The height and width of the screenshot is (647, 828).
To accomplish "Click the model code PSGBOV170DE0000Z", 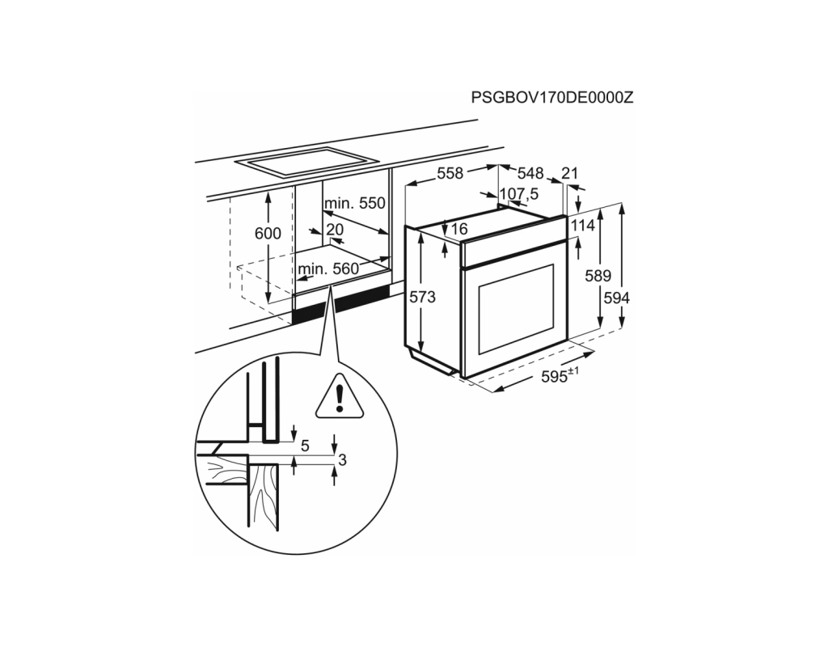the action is click(x=551, y=98).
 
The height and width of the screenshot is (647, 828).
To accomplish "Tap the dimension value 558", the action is click(x=450, y=173).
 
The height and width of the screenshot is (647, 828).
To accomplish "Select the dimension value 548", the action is click(x=530, y=173).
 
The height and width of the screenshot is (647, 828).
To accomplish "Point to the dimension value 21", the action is click(x=570, y=173).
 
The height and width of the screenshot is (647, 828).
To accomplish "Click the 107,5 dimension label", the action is click(x=519, y=194).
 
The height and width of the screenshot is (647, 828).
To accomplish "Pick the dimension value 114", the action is click(x=582, y=226).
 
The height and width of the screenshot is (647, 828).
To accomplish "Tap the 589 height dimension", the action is click(x=598, y=275).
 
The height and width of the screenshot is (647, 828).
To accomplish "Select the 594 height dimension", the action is click(x=617, y=298).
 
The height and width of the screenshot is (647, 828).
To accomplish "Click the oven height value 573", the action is click(x=422, y=298).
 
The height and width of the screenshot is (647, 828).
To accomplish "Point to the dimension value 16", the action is click(x=459, y=229).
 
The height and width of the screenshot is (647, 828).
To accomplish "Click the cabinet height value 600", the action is click(x=268, y=233).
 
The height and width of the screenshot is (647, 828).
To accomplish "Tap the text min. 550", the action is click(x=355, y=203).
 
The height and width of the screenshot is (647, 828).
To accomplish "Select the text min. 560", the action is click(x=328, y=269).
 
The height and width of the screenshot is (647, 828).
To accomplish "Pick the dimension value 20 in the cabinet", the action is click(x=335, y=229).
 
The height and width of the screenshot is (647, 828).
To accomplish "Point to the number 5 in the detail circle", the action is click(x=305, y=446).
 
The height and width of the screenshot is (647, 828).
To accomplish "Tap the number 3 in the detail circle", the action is click(x=342, y=460).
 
